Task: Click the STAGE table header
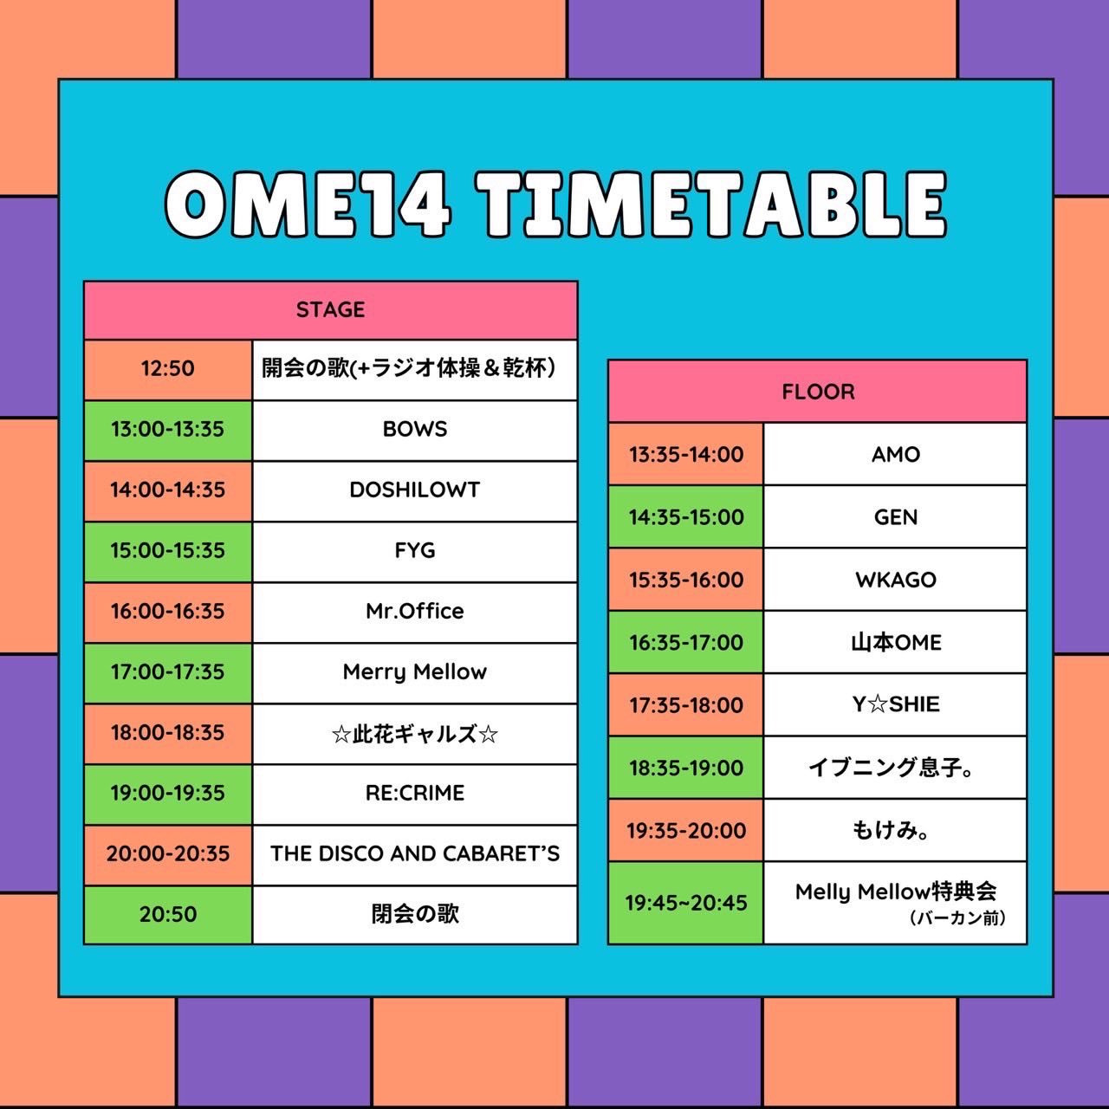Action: [330, 309]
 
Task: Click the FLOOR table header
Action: [818, 392]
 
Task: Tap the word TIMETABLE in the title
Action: [712, 204]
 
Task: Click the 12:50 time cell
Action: [168, 369]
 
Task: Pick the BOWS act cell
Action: [415, 430]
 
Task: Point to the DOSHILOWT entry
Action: [415, 490]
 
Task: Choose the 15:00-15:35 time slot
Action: [168, 551]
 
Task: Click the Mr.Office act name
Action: [415, 611]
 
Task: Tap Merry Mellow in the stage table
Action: [415, 672]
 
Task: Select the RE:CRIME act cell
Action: [415, 794]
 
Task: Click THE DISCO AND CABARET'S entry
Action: [415, 854]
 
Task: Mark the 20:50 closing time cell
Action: [168, 914]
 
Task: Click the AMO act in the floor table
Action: [896, 455]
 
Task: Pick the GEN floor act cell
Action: [896, 517]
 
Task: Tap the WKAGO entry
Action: [896, 580]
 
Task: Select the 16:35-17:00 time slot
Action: [686, 643]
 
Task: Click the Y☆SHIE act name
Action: [896, 704]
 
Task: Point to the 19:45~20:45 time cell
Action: [686, 903]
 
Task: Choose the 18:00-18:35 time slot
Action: [168, 733]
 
